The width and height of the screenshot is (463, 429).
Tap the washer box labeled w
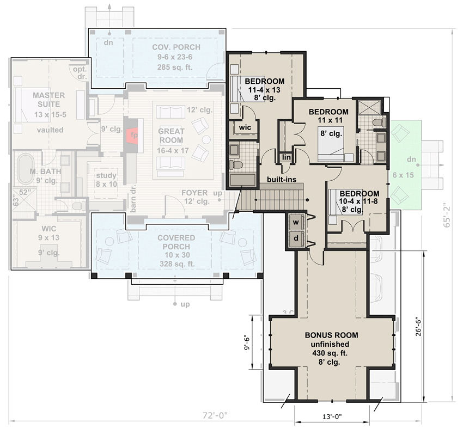pyautogui.click(x=296, y=222)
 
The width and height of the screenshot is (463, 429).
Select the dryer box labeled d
pyautogui.click(x=296, y=238)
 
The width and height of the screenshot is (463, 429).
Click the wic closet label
pyautogui.click(x=243, y=127)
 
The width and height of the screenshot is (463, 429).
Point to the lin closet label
pyautogui.click(x=287, y=157)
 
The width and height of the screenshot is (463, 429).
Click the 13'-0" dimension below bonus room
pyautogui.click(x=332, y=416)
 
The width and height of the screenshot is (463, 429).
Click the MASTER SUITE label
pyautogui.click(x=48, y=100)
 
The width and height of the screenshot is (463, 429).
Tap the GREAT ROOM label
pyautogui.click(x=171, y=136)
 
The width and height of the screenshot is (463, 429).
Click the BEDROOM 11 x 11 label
pyautogui.click(x=328, y=116)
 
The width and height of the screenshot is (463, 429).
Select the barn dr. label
pyautogui.click(x=132, y=199)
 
